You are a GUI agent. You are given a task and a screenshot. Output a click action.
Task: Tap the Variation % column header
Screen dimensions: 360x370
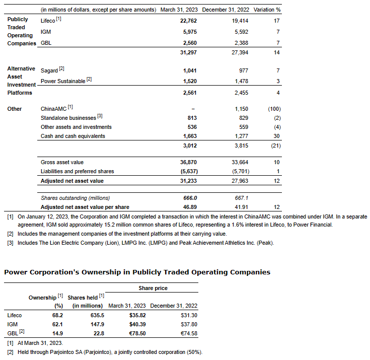click(267, 10)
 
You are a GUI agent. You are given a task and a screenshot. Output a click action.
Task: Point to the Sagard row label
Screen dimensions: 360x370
click(49, 70)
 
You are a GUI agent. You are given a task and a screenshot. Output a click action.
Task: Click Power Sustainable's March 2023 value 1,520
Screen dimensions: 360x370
click(188, 81)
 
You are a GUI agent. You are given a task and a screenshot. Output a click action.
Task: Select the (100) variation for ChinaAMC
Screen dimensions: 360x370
click(274, 109)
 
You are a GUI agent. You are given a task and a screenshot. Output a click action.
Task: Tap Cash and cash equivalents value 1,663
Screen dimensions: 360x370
click(188, 136)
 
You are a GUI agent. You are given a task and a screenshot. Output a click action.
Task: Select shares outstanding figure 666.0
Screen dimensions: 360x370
click(188, 198)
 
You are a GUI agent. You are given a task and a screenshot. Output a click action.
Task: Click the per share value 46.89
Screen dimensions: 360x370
click(188, 207)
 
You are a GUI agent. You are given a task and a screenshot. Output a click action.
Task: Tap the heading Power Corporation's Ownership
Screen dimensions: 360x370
click(137, 272)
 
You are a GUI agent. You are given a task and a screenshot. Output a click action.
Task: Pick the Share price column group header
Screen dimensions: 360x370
click(153, 288)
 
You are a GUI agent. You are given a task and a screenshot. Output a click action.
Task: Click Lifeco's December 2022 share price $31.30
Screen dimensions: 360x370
click(188, 315)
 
